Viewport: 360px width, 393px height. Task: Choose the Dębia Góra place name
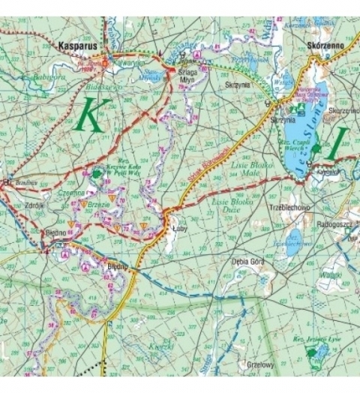point(247,262)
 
